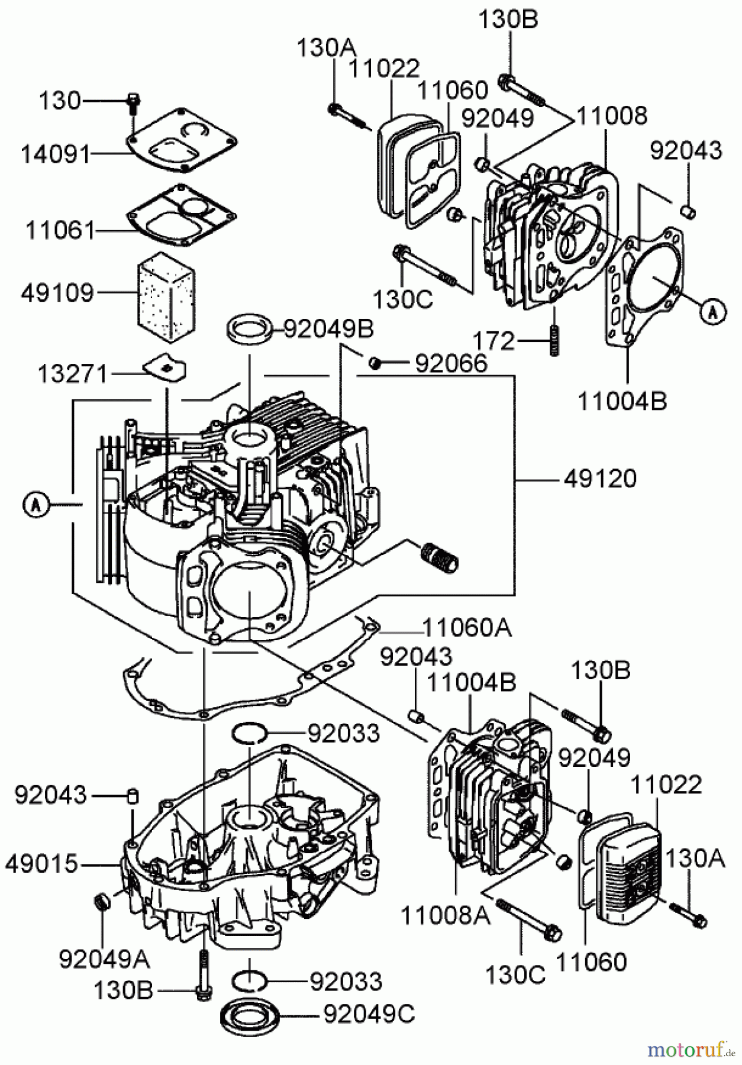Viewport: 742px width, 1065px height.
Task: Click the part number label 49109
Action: tap(57, 292)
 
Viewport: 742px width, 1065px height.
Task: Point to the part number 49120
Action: tap(600, 478)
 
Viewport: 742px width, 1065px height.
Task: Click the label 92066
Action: tap(451, 363)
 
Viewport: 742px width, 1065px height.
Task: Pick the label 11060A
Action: tap(467, 627)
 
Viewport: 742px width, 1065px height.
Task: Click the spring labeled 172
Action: tap(554, 341)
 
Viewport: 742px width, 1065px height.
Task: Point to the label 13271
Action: tap(72, 374)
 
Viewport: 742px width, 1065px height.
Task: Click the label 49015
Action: tap(41, 864)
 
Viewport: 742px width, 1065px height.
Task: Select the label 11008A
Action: tap(445, 916)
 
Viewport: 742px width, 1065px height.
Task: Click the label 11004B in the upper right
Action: tap(622, 401)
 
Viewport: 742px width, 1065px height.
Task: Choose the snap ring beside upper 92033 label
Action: tap(249, 734)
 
